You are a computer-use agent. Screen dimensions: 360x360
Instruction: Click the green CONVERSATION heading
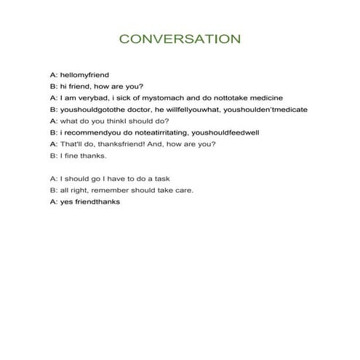(180, 39)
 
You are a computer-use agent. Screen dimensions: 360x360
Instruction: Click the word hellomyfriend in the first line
(89, 75)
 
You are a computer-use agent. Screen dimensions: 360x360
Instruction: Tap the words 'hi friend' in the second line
(79, 87)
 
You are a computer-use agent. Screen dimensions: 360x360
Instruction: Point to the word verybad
(97, 97)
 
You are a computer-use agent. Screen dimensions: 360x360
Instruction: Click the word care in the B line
(184, 190)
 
